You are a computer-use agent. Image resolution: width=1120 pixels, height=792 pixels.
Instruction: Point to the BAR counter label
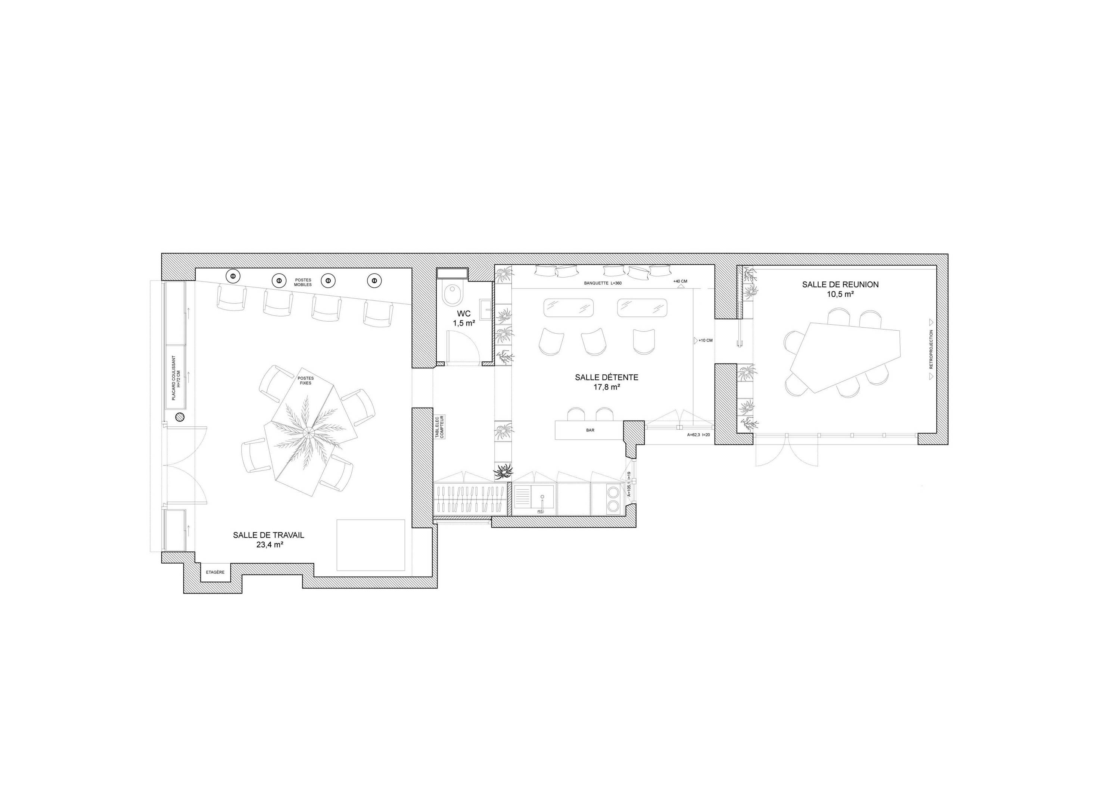(590, 430)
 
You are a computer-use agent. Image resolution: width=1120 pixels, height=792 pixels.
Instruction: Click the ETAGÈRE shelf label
(215, 572)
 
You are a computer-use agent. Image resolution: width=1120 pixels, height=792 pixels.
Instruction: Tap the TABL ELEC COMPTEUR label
(439, 427)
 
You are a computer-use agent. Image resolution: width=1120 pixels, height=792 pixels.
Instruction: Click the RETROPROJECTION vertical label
(931, 349)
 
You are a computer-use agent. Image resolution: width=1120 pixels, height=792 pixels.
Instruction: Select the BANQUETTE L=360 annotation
(603, 283)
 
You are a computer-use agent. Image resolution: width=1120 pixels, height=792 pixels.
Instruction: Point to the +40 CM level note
(680, 281)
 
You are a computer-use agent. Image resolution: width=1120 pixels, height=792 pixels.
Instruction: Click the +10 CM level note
(705, 340)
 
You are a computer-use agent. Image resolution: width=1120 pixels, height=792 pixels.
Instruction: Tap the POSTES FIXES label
(306, 380)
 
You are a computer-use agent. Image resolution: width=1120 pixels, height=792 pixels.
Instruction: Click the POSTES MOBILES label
(303, 283)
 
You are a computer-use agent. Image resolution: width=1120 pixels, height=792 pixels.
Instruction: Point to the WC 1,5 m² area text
(464, 318)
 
